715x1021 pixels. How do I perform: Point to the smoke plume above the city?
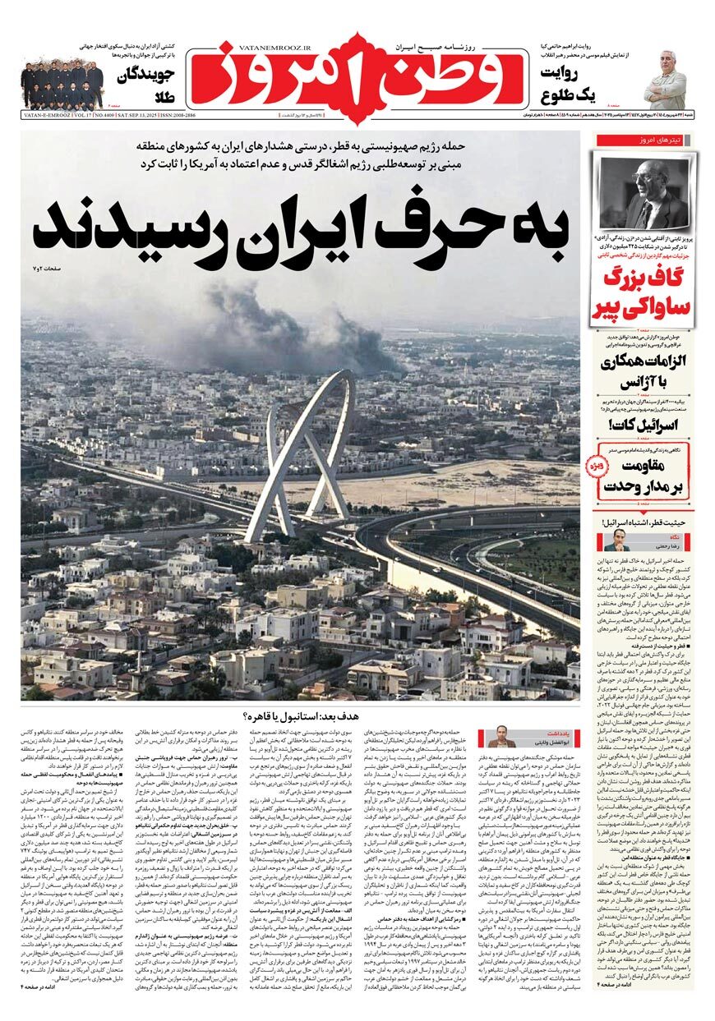[x=312, y=329]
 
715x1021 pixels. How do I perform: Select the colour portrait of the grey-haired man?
[x=665, y=79]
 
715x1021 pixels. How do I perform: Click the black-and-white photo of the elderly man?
[x=644, y=194]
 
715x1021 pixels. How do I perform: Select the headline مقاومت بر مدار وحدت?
[x=646, y=476]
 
